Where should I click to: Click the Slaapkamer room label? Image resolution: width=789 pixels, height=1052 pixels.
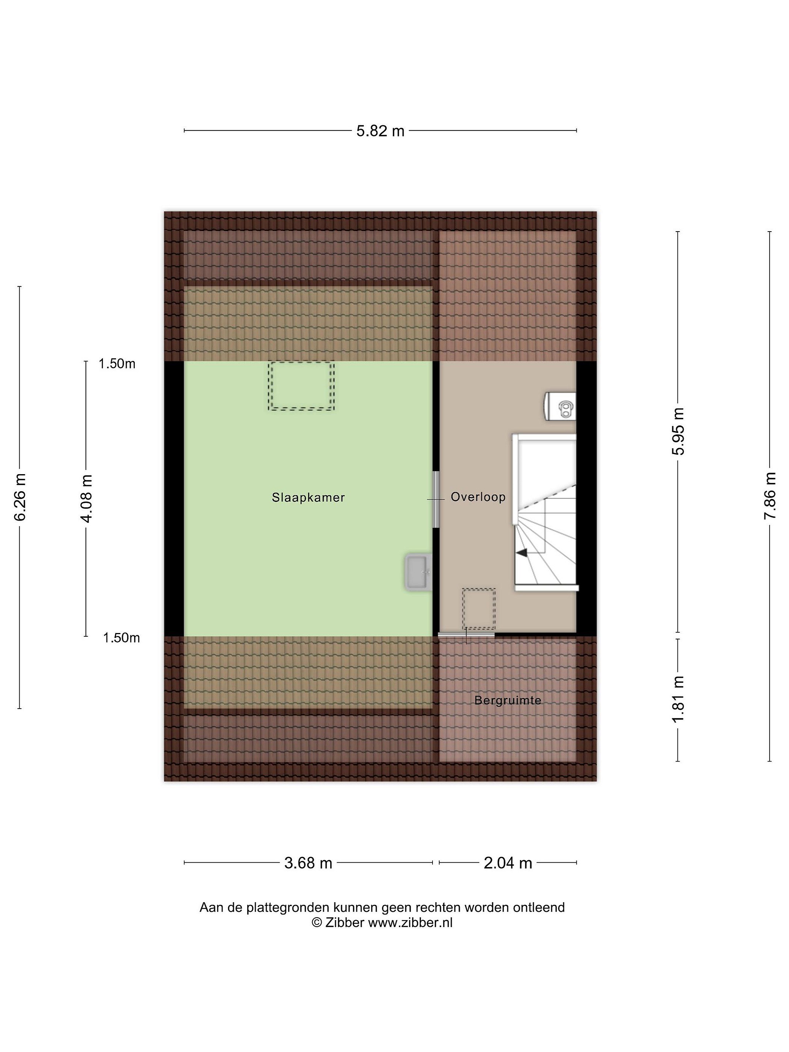pos(308,498)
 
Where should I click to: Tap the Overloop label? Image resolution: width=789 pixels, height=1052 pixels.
pos(478,497)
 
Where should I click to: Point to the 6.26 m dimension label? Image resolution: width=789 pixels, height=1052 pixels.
pos(20,497)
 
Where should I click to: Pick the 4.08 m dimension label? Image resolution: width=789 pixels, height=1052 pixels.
pos(87,498)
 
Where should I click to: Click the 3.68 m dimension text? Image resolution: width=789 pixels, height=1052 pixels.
pos(308,863)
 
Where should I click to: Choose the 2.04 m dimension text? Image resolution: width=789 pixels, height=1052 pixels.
pos(508,863)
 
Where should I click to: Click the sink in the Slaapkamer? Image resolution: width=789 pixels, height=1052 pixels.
pos(419,572)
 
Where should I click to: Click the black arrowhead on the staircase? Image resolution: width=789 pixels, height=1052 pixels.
pos(522,553)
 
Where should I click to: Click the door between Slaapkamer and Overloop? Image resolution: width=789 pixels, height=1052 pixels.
pos(436,499)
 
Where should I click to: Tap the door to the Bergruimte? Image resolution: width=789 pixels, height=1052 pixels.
pos(466,635)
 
